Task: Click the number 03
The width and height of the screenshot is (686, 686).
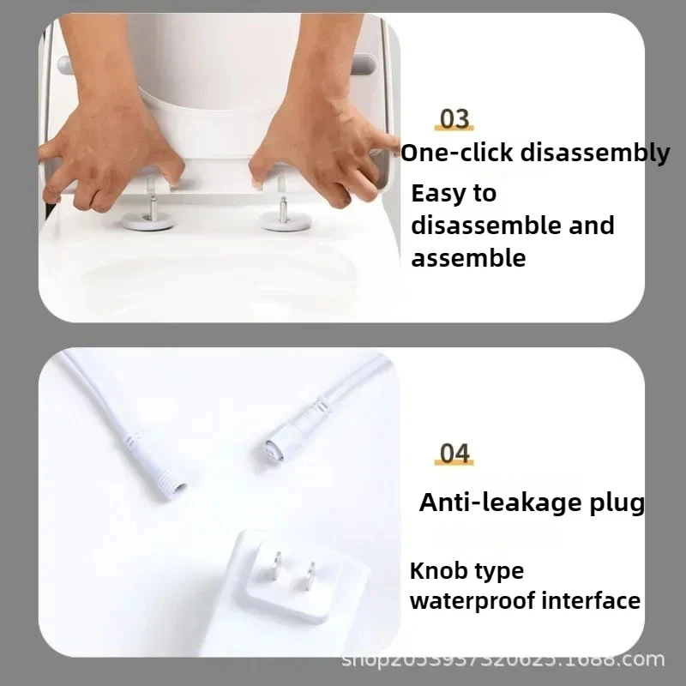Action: (x=454, y=119)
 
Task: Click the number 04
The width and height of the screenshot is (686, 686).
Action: (x=454, y=453)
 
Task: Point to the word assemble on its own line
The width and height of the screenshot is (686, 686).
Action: (x=468, y=257)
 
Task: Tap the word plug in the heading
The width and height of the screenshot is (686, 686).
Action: (x=614, y=503)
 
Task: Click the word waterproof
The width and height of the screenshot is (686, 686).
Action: (x=472, y=600)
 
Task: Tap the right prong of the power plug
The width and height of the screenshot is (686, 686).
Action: (x=311, y=577)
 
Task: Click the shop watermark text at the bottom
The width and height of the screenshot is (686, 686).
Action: (x=503, y=659)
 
